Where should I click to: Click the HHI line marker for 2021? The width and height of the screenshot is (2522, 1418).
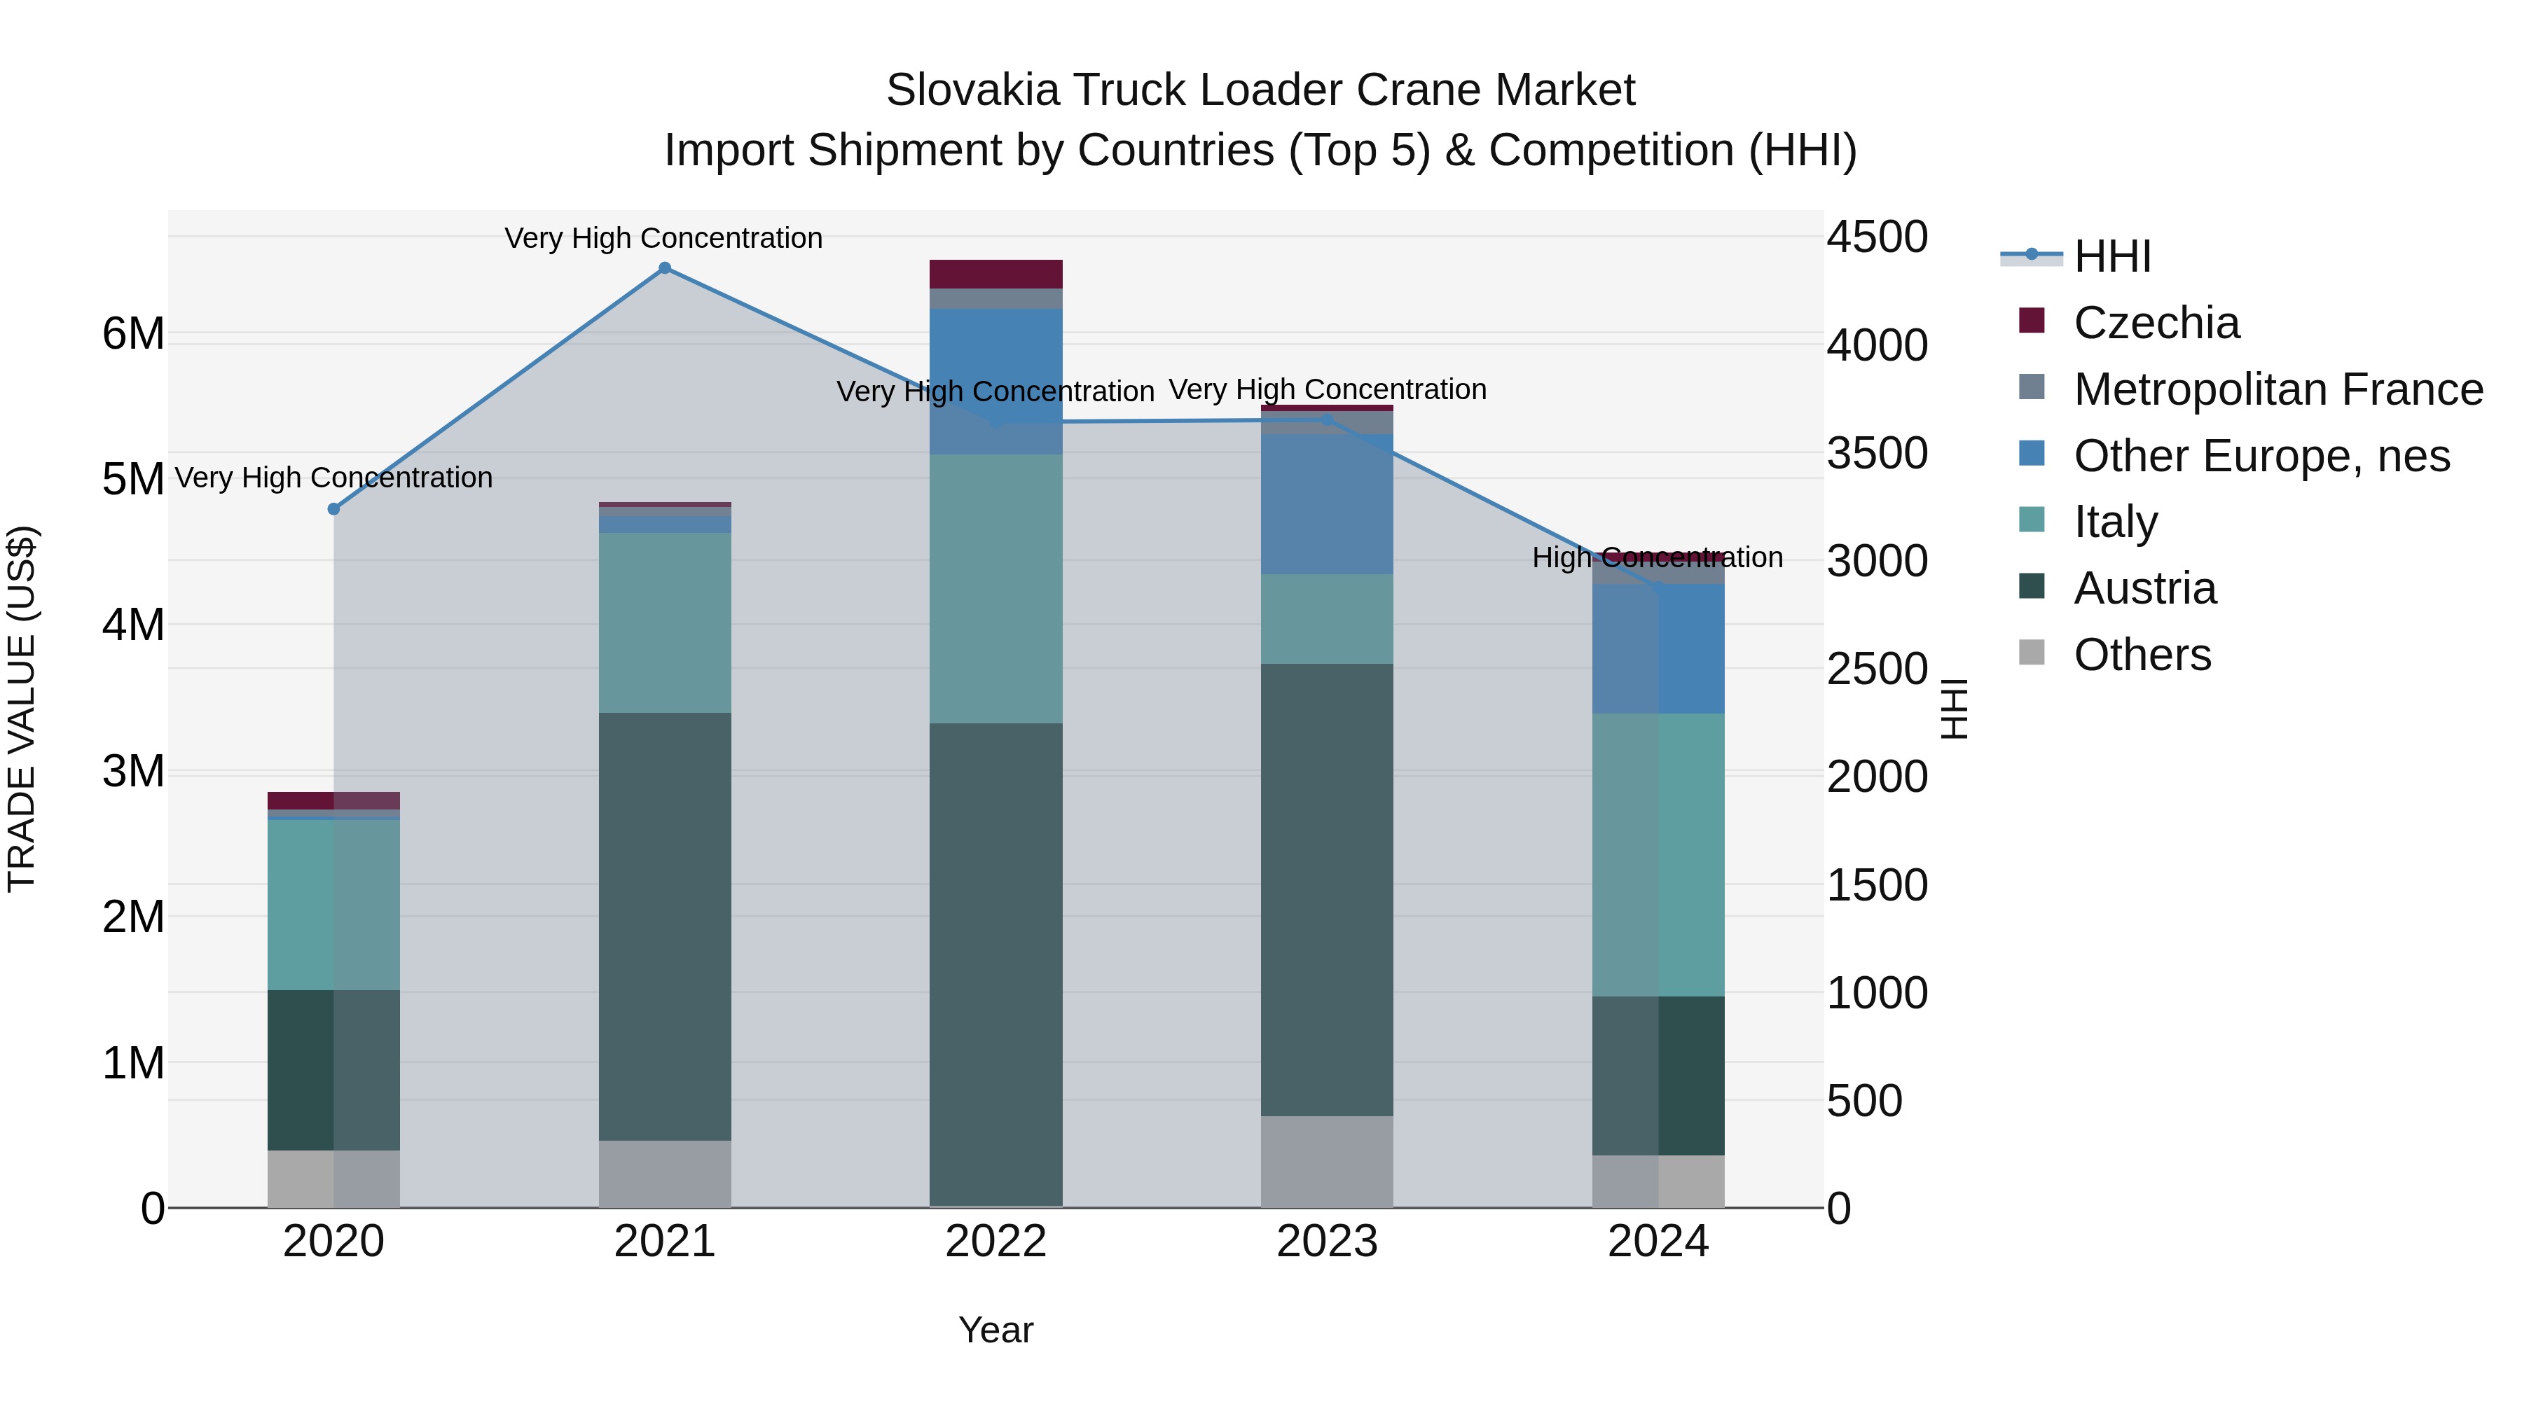click(665, 268)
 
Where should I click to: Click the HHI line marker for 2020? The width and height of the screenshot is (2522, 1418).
click(334, 509)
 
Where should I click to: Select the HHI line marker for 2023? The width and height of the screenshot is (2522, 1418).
click(1328, 421)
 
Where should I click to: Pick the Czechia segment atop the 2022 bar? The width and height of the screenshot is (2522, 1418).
click(995, 274)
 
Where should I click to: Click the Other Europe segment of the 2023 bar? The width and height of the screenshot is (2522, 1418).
click(1327, 504)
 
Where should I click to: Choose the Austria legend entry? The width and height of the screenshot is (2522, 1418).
click(2144, 588)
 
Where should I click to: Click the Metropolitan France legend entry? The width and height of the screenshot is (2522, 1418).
click(2278, 389)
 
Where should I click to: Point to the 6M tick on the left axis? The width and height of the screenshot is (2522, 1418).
click(133, 335)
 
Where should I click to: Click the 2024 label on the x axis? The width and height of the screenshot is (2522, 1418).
click(1658, 1242)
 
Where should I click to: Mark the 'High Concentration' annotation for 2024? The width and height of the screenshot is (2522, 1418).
click(1657, 558)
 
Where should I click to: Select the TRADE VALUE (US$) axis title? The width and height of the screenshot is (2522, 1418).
click(22, 709)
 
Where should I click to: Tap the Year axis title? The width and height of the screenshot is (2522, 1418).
click(995, 1330)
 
